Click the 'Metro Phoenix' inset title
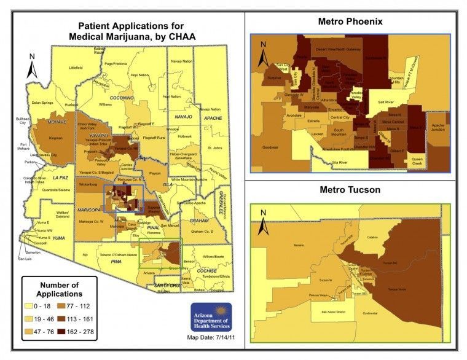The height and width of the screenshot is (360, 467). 350,22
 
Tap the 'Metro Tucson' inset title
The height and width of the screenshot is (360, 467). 350,190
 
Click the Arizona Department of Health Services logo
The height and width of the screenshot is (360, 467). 211,318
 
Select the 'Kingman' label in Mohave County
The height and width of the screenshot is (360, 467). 56,139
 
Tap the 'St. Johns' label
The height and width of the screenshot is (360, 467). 214,148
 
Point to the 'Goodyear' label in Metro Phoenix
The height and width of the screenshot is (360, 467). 269,147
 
